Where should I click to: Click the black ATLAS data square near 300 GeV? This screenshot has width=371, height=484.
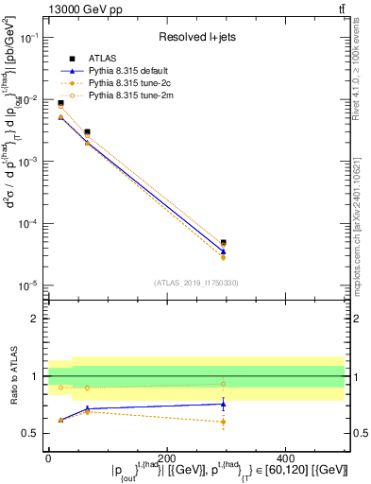(x=276, y=243)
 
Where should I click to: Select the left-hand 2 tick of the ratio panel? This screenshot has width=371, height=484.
(x=36, y=319)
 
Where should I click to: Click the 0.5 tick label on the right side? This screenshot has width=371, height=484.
(x=355, y=434)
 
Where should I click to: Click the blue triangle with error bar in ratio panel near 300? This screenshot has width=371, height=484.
(x=276, y=404)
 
